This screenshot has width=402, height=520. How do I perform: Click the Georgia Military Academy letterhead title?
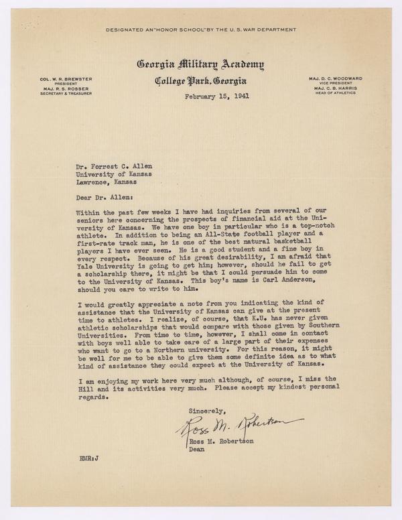click(x=200, y=65)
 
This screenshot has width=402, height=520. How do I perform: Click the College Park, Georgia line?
click(x=200, y=82)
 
